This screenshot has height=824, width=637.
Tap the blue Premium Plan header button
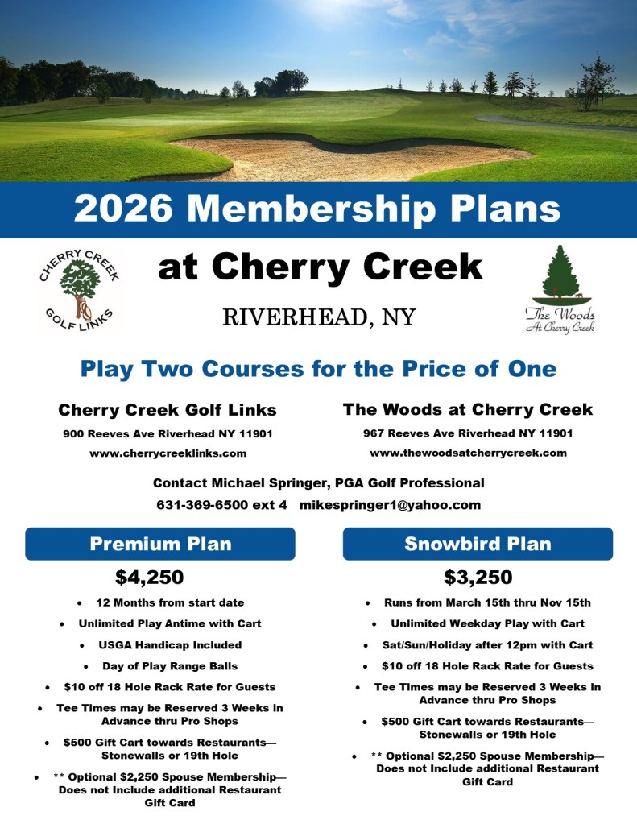point(160,544)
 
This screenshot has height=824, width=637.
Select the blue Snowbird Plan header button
point(478,544)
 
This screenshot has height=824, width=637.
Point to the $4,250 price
point(150,577)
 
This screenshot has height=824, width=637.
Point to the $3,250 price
point(478,577)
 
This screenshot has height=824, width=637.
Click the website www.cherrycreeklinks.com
point(168,453)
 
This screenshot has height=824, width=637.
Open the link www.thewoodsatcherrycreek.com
point(468,453)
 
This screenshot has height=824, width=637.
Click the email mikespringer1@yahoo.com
point(390,505)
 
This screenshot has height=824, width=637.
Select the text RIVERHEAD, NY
point(319,317)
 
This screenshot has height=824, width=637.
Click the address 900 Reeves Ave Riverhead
point(168,433)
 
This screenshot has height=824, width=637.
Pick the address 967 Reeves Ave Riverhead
point(468,433)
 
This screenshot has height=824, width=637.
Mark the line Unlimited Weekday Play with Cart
point(487,623)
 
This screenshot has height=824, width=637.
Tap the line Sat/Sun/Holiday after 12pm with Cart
point(487,645)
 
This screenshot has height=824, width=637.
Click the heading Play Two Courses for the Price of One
point(318,369)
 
